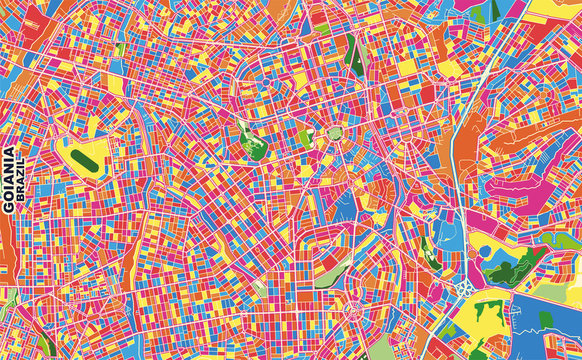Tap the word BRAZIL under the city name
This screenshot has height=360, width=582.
[x=22, y=187]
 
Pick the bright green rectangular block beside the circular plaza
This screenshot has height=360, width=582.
[x=305, y=137]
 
